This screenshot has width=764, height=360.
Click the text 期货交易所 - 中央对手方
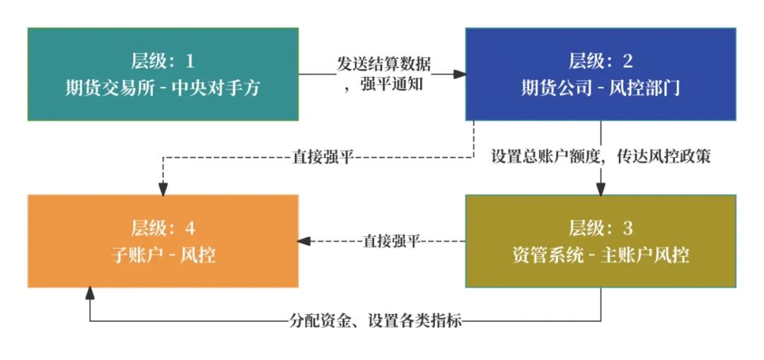[x=163, y=88]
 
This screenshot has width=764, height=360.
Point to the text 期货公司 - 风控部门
[x=601, y=88]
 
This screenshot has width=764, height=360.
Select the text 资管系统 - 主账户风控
[x=601, y=255]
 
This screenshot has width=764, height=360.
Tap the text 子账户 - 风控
[x=163, y=255]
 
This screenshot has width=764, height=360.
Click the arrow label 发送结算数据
[x=383, y=64]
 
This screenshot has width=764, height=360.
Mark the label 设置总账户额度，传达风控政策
[x=601, y=156]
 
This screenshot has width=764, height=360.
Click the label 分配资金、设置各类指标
[x=376, y=321]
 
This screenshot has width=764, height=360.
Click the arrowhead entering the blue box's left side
[x=460, y=73]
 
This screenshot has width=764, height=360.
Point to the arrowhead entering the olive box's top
[x=601, y=189]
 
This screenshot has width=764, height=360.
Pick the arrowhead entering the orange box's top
[x=163, y=189]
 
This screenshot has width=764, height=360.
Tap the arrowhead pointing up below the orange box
[x=90, y=292]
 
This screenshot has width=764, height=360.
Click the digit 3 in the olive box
[x=628, y=228]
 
